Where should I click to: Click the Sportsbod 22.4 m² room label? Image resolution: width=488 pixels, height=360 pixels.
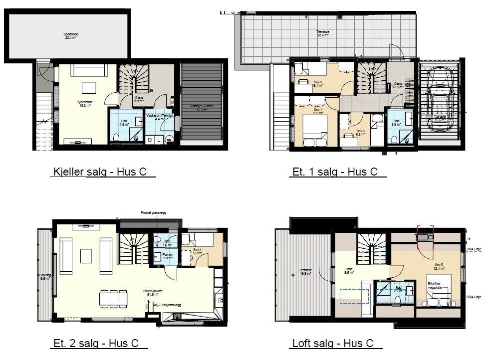click(x=68, y=36)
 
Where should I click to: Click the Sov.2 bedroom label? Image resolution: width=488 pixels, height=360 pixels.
click(x=318, y=84)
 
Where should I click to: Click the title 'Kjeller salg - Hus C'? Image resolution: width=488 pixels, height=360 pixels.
click(x=103, y=173)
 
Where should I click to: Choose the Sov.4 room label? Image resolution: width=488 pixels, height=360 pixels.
click(x=198, y=251)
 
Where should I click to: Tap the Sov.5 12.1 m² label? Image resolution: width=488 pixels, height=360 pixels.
click(x=439, y=266)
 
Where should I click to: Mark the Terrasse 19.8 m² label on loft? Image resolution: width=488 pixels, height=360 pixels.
click(x=305, y=272)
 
